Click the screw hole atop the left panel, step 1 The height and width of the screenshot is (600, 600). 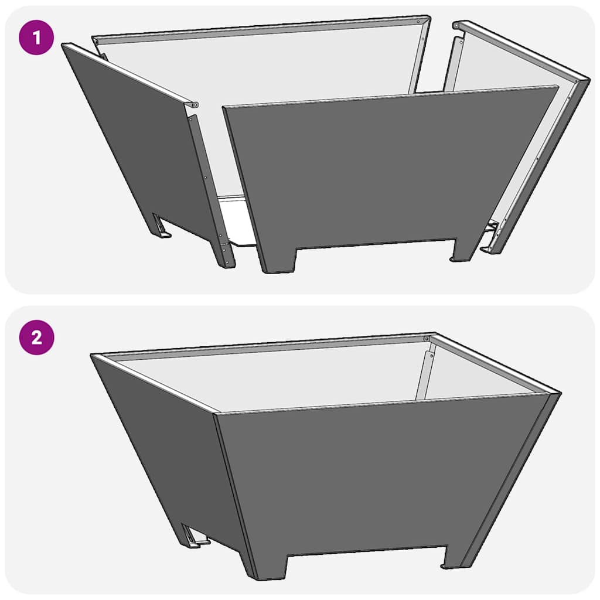(x=195, y=105)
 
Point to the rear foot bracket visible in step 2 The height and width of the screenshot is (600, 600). (x=193, y=536)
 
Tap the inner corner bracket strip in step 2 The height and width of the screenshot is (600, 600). (x=425, y=375)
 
